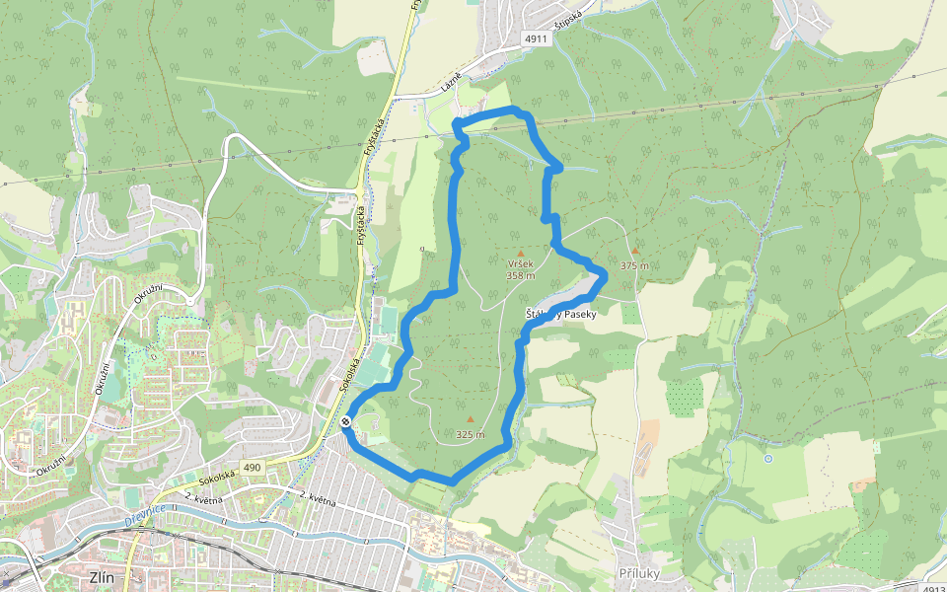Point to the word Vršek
point(520,265)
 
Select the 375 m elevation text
point(634,265)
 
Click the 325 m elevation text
point(471,434)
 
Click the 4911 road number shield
point(536,38)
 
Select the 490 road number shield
point(252,467)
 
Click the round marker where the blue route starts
point(346,422)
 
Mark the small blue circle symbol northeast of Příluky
point(767,459)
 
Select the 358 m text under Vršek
point(520,276)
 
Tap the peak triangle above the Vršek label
point(521,254)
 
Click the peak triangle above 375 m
point(635,251)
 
